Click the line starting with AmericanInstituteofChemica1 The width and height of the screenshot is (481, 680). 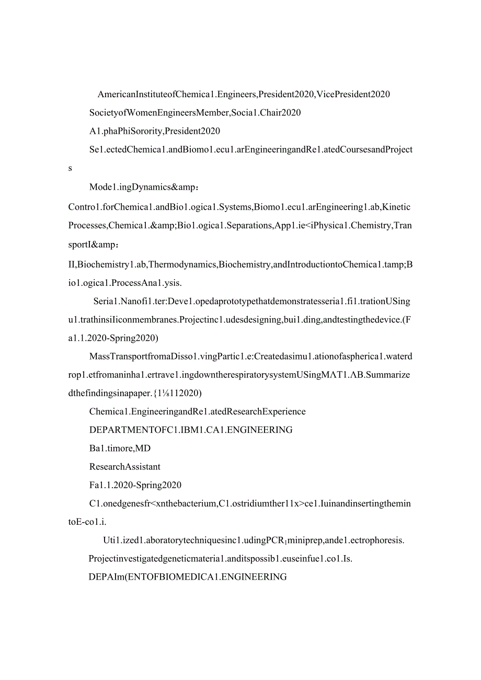pos(244,95)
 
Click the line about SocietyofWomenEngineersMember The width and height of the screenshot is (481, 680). pos(194,113)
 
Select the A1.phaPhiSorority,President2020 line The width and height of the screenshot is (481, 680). pos(154,131)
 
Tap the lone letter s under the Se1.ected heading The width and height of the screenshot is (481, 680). pos(71,168)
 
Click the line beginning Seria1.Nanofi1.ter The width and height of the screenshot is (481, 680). pos(251,302)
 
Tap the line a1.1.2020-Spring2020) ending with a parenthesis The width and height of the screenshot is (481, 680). pos(113,338)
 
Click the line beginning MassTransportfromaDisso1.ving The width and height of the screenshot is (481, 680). pos(250,357)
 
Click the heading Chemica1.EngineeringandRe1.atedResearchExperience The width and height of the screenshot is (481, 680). pos(197,412)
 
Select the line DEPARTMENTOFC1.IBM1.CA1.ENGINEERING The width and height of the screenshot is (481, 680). pos(191,430)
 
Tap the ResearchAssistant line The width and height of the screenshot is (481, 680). pos(124,467)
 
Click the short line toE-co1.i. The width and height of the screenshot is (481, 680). pos(87,522)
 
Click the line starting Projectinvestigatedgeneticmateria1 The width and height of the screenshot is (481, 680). pos(220,559)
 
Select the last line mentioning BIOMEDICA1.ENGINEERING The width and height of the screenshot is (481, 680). pos(188,577)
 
